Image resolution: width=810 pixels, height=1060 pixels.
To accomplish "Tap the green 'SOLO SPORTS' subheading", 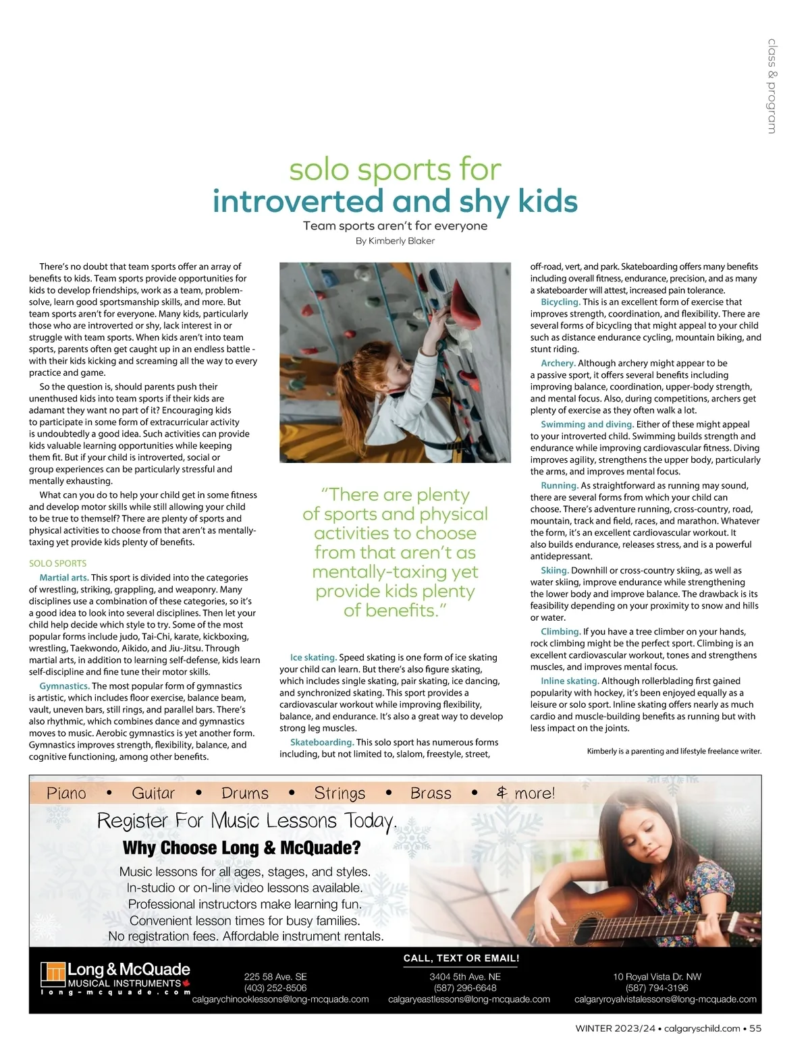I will [57, 563].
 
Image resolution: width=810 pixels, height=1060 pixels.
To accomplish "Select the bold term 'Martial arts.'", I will [64, 578].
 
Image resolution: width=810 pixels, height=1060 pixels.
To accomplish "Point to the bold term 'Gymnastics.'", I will [64, 686].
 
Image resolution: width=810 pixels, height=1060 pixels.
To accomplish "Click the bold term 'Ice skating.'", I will [313, 657].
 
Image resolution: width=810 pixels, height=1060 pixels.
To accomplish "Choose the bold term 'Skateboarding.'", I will [322, 742].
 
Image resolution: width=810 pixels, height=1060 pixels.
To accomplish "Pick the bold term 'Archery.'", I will [558, 363].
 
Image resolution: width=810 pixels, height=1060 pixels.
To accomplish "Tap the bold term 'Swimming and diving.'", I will [587, 424].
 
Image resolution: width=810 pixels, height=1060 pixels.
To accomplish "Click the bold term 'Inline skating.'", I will [570, 681].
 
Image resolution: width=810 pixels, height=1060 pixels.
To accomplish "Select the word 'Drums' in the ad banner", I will [245, 793].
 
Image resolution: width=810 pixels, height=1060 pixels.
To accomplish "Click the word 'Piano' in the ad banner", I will [66, 793].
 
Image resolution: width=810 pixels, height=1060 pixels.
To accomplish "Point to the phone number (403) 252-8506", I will [275, 988].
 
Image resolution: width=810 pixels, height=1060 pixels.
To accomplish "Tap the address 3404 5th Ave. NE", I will [465, 976].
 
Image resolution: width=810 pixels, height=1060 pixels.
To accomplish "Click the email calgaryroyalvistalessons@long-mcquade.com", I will [665, 999].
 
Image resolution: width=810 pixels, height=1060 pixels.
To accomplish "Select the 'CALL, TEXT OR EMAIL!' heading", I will [461, 958].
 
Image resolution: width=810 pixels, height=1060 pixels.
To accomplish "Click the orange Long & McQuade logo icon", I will [53, 973].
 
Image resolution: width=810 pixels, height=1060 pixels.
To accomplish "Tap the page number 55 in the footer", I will [755, 1029].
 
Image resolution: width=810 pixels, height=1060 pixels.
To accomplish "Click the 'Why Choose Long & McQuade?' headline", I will [242, 848].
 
